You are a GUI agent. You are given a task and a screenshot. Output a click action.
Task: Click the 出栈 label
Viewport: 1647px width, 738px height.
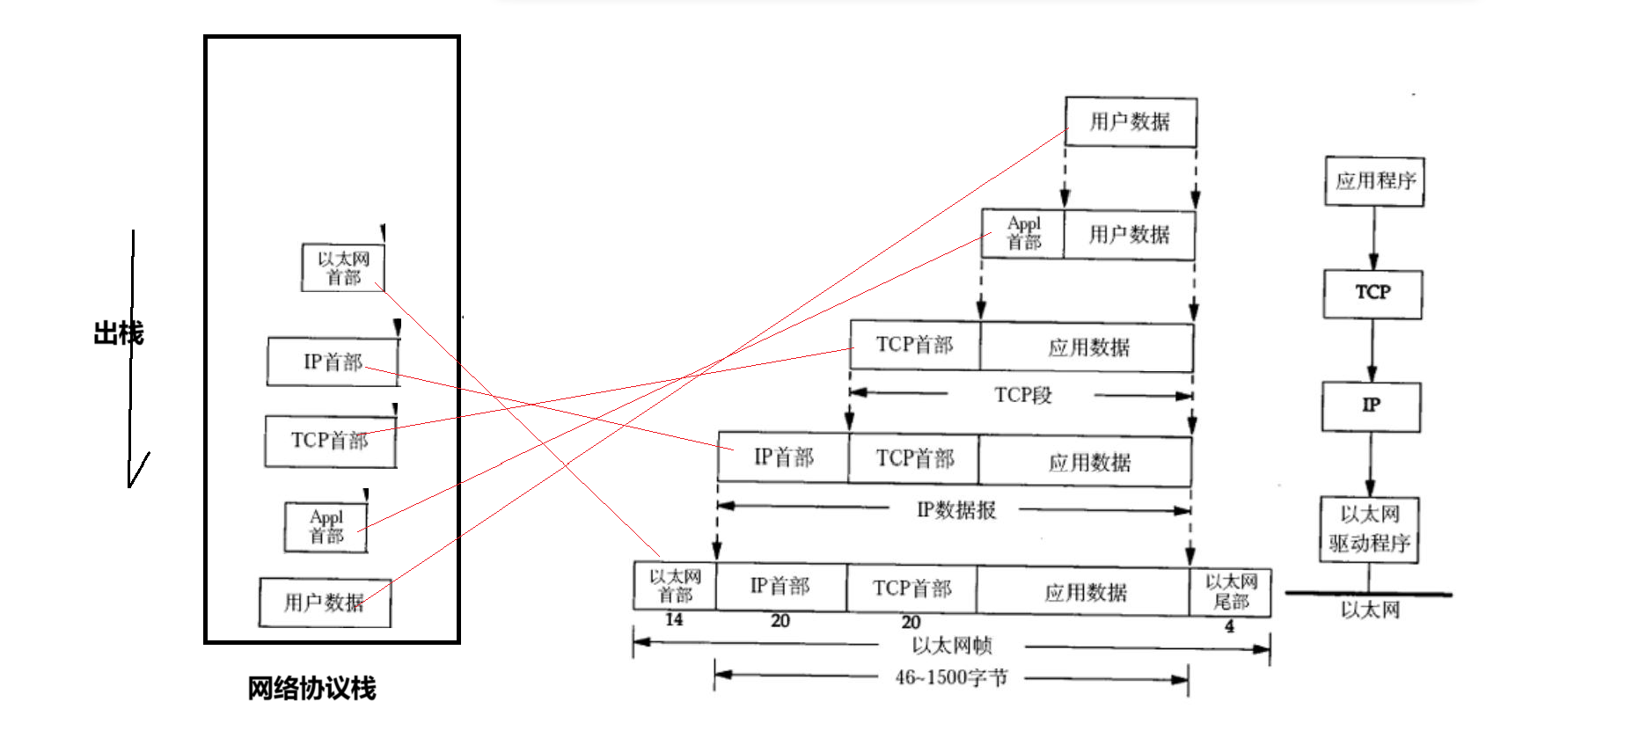[118, 333]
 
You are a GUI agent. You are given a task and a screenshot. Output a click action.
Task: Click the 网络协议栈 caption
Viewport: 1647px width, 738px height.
[311, 688]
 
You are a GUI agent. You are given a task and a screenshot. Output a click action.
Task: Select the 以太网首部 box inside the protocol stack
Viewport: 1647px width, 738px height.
[343, 267]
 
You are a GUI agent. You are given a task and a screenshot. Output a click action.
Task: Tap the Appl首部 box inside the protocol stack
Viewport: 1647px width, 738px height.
[326, 527]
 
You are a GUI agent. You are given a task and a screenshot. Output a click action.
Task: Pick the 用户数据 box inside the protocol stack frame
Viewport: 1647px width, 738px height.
[325, 603]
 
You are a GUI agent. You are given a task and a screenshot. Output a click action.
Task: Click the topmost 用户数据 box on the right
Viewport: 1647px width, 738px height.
[1131, 121]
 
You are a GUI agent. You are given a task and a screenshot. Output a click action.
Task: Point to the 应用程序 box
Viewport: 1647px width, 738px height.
[1374, 181]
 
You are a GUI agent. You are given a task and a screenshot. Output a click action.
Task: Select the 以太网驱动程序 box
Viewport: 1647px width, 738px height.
[1369, 529]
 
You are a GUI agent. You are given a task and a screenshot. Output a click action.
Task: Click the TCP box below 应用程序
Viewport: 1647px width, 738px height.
[1372, 293]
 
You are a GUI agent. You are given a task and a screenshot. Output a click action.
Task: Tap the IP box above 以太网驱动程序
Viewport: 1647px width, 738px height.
[1371, 406]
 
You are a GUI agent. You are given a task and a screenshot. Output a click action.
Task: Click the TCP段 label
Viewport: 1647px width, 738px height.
[1022, 395]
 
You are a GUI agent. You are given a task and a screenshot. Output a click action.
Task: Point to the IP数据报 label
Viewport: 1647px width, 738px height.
[956, 510]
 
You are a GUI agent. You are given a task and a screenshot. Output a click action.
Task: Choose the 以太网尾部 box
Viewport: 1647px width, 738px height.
[1231, 592]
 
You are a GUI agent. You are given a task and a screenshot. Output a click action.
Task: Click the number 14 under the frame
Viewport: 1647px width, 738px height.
[674, 620]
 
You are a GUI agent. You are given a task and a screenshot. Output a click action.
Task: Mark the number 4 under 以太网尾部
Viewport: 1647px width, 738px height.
[1229, 626]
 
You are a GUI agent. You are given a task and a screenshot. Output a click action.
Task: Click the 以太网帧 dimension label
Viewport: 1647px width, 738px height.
[952, 646]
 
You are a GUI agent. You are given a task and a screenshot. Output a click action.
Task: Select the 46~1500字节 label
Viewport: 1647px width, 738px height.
[952, 677]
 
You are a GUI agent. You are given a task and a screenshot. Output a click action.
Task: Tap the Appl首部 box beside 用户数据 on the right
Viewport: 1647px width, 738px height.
[1023, 234]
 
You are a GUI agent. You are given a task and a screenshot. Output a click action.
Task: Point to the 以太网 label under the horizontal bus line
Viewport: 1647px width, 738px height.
[1370, 610]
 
